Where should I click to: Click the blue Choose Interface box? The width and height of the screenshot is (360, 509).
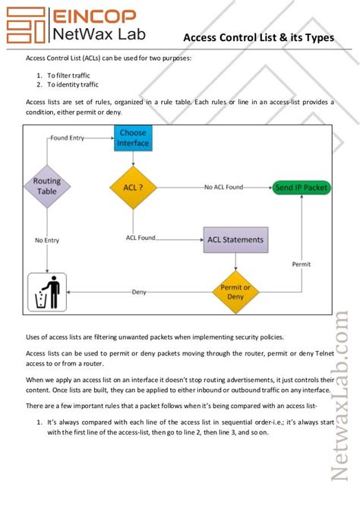click(133, 138)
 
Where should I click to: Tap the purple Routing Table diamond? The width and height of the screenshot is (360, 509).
click(47, 187)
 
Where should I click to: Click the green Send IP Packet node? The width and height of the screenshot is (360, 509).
click(301, 187)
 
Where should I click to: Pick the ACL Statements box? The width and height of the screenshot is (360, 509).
click(235, 240)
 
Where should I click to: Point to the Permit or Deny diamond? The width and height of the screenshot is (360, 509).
click(235, 292)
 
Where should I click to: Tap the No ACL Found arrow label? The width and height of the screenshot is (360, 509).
click(224, 186)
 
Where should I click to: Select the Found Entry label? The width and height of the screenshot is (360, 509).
click(67, 138)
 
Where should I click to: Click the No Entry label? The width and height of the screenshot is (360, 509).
click(47, 240)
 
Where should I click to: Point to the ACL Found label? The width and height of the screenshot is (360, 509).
click(141, 238)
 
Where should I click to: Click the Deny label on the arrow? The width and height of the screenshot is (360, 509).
click(139, 292)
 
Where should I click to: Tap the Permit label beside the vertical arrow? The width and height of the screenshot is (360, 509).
click(302, 264)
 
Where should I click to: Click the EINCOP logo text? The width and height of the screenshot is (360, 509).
click(93, 15)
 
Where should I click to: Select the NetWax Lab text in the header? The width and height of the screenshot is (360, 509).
click(95, 33)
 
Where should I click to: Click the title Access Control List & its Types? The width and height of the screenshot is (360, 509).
click(258, 37)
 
